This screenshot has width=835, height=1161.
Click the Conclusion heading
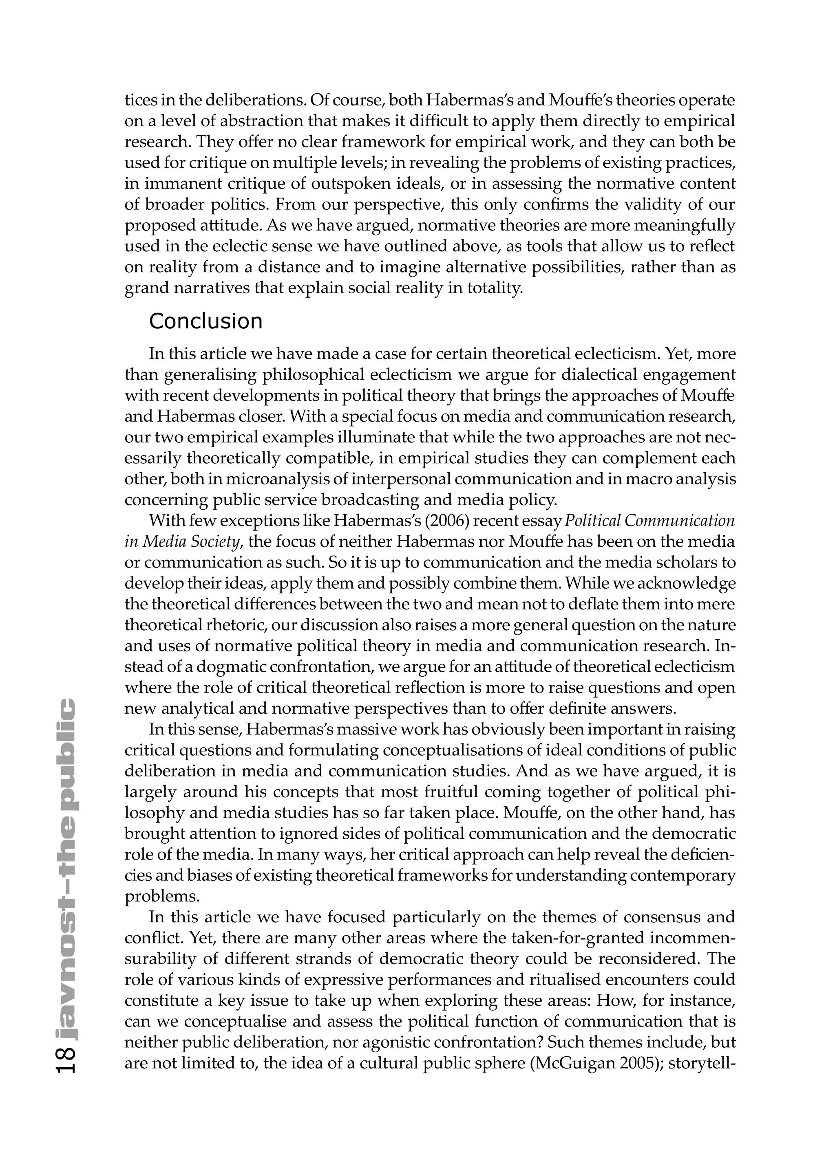(205, 321)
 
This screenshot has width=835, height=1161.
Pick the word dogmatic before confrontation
(232, 667)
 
